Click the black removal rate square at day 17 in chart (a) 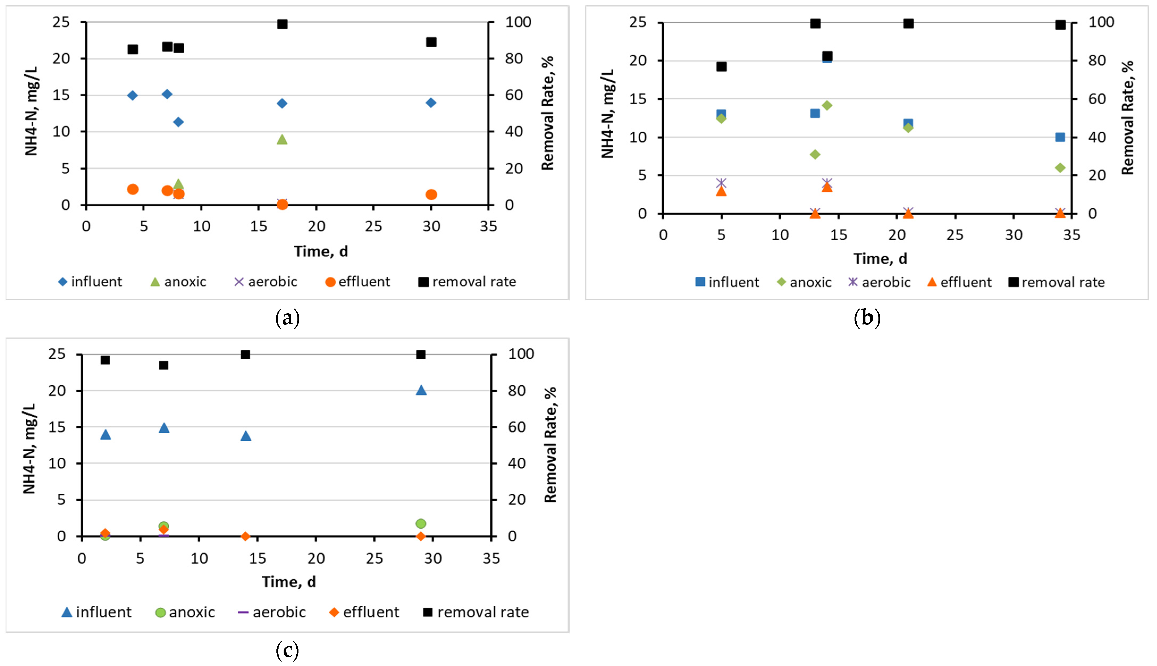(x=282, y=24)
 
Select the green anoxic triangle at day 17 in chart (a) (x=282, y=139)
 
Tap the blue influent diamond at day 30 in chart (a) (x=431, y=103)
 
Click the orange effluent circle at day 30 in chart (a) (x=431, y=194)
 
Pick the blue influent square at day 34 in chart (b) (x=1060, y=137)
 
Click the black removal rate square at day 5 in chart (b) (x=721, y=66)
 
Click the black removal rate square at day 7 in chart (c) (x=164, y=365)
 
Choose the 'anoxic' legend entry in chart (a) (x=178, y=282)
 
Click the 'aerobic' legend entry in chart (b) (x=879, y=282)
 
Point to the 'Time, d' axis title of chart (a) (x=321, y=251)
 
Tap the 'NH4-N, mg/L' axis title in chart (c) (x=29, y=449)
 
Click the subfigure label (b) (x=867, y=317)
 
